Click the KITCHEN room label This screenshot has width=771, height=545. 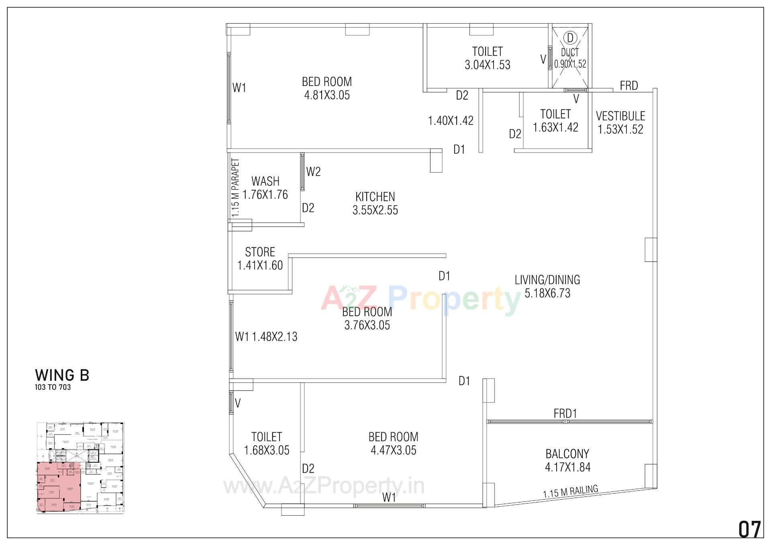[375, 197]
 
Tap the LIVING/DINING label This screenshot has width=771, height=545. [547, 280]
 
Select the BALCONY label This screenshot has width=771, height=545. [567, 454]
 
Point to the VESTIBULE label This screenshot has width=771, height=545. [620, 116]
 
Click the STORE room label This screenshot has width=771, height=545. [260, 252]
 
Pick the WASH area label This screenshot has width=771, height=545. [265, 181]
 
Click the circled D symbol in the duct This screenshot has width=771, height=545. [570, 38]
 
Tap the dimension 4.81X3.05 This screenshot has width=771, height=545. [327, 95]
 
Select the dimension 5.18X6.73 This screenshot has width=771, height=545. [547, 293]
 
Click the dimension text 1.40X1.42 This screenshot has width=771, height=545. [451, 120]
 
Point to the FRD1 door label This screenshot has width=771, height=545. [565, 413]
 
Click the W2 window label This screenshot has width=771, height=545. [313, 172]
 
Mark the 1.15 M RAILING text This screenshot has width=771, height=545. [570, 492]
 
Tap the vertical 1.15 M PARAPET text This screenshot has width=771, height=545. [236, 188]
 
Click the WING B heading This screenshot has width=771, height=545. [62, 375]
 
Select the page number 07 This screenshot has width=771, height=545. [750, 529]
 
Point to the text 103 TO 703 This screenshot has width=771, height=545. [53, 387]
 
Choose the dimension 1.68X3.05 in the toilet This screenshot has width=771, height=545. [267, 450]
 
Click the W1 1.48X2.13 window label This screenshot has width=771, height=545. [266, 337]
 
